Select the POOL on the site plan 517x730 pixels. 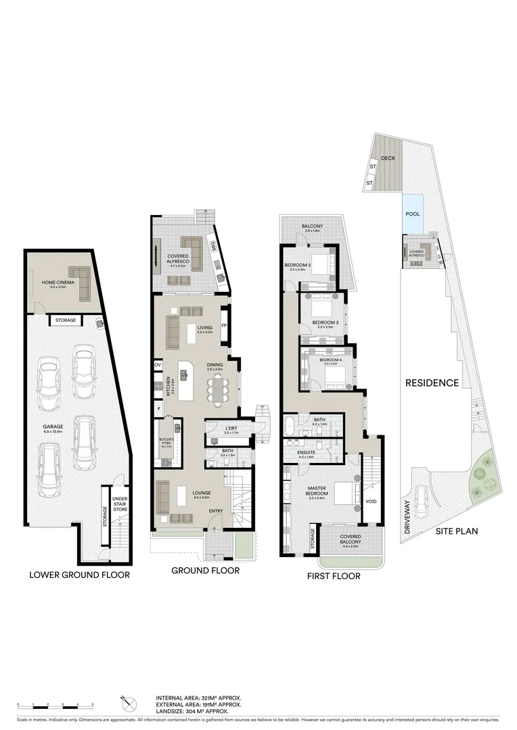[x=412, y=214]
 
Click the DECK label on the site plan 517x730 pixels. [x=388, y=158]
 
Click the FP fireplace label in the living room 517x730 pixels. [x=223, y=325]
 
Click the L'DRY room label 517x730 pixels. [x=229, y=429]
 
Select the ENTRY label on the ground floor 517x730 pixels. [x=216, y=510]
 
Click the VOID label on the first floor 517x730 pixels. [x=371, y=502]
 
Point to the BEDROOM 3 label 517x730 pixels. [x=325, y=322]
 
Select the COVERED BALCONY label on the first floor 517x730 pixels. [x=351, y=539]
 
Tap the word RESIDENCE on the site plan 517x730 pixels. [x=432, y=383]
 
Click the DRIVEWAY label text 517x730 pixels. [x=408, y=517]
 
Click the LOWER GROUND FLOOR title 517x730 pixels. [x=79, y=575]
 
